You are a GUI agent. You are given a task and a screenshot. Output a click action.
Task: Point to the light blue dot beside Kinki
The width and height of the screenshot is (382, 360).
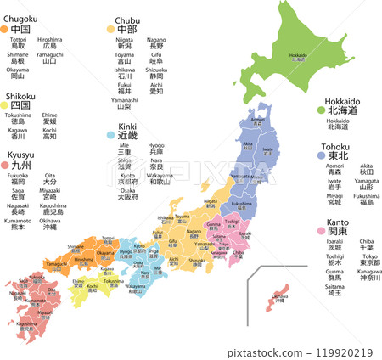[110, 134]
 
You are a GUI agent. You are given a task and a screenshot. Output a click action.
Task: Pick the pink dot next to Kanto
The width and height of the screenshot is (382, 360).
[321, 230]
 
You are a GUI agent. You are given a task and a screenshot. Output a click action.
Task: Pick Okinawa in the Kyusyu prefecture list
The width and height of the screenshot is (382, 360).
[50, 225]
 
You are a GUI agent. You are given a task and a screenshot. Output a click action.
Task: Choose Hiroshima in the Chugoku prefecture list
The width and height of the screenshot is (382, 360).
[49, 42]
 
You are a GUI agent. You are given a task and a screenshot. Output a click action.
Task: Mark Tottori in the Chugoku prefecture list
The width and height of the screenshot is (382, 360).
[18, 42]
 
